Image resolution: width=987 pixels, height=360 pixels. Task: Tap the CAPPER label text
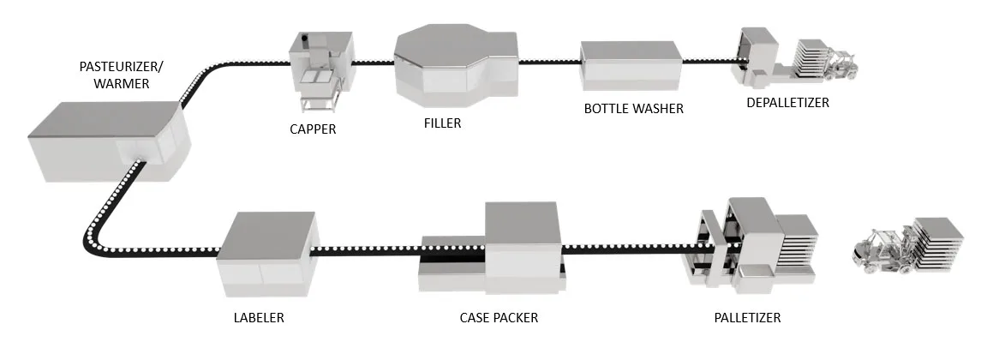[x=312, y=130]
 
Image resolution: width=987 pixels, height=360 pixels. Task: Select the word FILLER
[x=442, y=123]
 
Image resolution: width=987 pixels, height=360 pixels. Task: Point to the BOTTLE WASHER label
[x=633, y=109]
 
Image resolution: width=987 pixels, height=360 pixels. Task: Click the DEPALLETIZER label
[x=787, y=103]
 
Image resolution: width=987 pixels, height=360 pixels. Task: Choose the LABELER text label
[x=259, y=317]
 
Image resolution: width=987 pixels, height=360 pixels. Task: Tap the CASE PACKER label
[x=499, y=317]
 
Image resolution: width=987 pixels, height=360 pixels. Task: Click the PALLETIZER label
[x=748, y=317]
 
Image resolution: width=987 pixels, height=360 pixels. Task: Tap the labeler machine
[x=267, y=249]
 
